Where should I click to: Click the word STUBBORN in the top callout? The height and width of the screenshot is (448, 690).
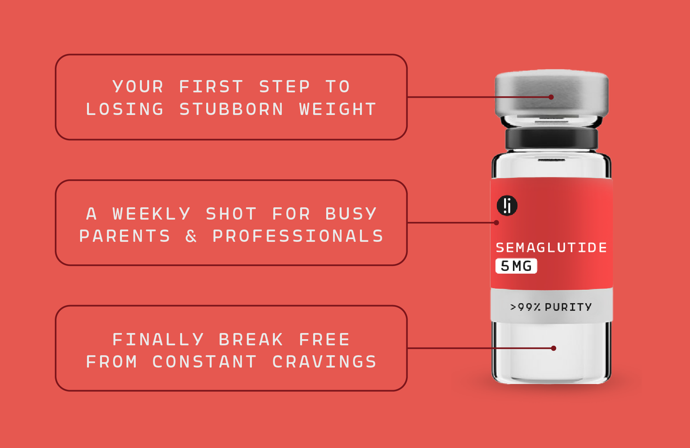(231, 109)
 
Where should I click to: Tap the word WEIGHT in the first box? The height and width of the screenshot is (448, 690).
(338, 109)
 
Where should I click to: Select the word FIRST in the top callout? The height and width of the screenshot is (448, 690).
(211, 86)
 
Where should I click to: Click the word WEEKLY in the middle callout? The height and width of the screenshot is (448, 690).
(151, 213)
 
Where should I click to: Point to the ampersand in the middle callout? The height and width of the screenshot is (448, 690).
(191, 236)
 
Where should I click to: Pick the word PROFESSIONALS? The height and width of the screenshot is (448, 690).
(298, 236)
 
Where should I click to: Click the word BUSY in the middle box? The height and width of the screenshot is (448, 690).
(351, 213)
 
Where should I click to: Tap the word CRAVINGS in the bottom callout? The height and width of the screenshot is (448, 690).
(324, 362)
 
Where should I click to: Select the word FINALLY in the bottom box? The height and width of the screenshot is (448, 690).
(158, 339)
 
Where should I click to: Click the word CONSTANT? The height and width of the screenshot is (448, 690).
(205, 362)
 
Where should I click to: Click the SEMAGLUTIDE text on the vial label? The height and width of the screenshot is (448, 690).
(552, 247)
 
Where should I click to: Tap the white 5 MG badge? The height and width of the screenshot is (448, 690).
(516, 266)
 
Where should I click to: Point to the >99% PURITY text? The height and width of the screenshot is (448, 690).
(551, 307)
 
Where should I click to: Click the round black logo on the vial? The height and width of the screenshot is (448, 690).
(507, 206)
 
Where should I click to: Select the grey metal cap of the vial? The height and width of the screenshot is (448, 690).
(552, 94)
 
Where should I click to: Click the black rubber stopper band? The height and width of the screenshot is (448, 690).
(552, 139)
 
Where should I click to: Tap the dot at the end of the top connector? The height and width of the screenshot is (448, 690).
(551, 97)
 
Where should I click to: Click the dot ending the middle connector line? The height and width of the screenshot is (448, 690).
(496, 223)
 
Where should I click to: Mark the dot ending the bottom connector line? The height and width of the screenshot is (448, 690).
(553, 348)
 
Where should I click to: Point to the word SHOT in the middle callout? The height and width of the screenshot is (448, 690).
(231, 213)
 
